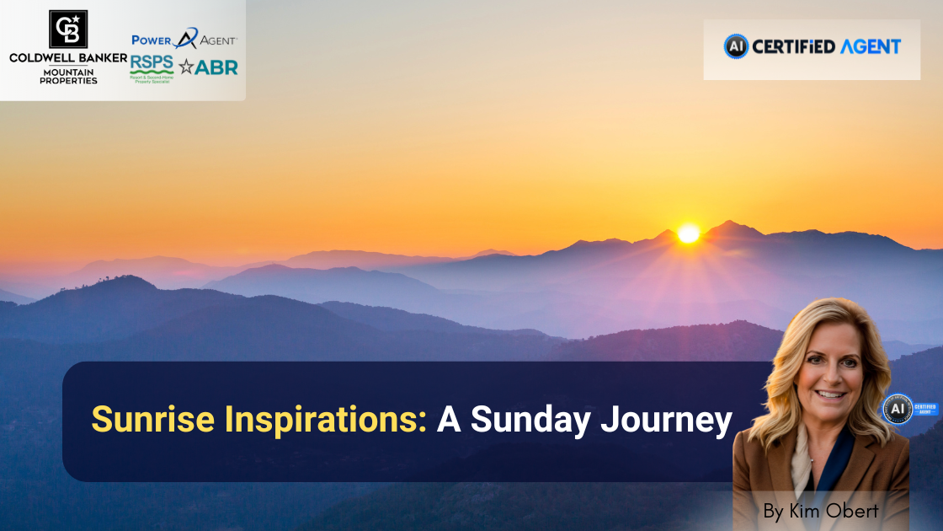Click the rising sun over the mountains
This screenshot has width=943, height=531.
point(689,233)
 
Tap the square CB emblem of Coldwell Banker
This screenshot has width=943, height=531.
point(67,29)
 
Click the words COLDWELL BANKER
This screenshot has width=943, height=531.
point(67,58)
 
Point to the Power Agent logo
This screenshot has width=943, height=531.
point(184,39)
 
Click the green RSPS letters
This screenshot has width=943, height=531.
point(152,63)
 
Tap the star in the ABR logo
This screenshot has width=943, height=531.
point(186,67)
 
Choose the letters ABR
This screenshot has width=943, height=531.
point(216,67)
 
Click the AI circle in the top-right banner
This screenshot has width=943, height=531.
point(736,46)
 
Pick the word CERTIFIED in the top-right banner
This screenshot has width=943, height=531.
point(792,46)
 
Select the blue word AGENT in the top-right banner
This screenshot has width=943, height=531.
point(870,46)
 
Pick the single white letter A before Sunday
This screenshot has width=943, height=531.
point(448,420)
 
